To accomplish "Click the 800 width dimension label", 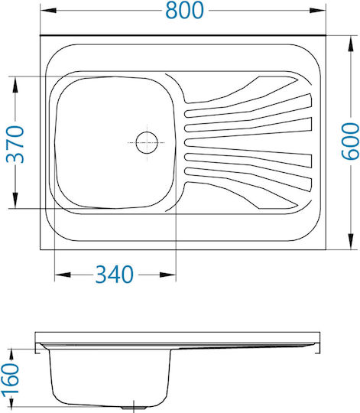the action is [184, 10].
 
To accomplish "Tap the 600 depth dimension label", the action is [350, 141].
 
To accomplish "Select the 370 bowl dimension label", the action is [15, 145].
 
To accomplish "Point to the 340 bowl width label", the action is [115, 275].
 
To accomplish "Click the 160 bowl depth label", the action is [10, 379].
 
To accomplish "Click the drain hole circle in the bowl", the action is [147, 142].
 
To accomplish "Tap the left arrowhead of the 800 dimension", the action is [48, 10].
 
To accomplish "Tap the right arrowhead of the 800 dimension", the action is [318, 10].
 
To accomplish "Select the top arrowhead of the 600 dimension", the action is [351, 44].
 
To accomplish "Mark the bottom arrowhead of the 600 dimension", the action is [351, 241].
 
